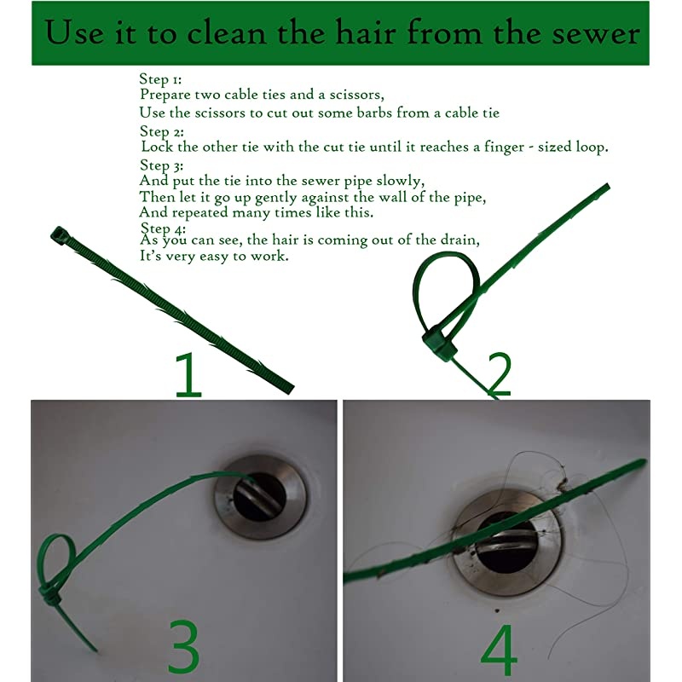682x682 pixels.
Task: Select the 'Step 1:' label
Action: pos(160,79)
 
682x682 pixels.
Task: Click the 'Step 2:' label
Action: pos(162,131)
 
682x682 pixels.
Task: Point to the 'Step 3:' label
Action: pos(161,165)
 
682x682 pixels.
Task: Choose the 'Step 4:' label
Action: pos(163,228)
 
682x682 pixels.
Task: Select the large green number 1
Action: pos(188,374)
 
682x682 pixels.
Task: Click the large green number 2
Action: pos(500,374)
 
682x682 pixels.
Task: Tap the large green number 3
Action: pos(183,645)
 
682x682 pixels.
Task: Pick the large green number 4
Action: pos(500,650)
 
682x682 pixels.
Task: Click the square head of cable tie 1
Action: pos(59,235)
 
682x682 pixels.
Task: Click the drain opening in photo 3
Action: pos(260,497)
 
